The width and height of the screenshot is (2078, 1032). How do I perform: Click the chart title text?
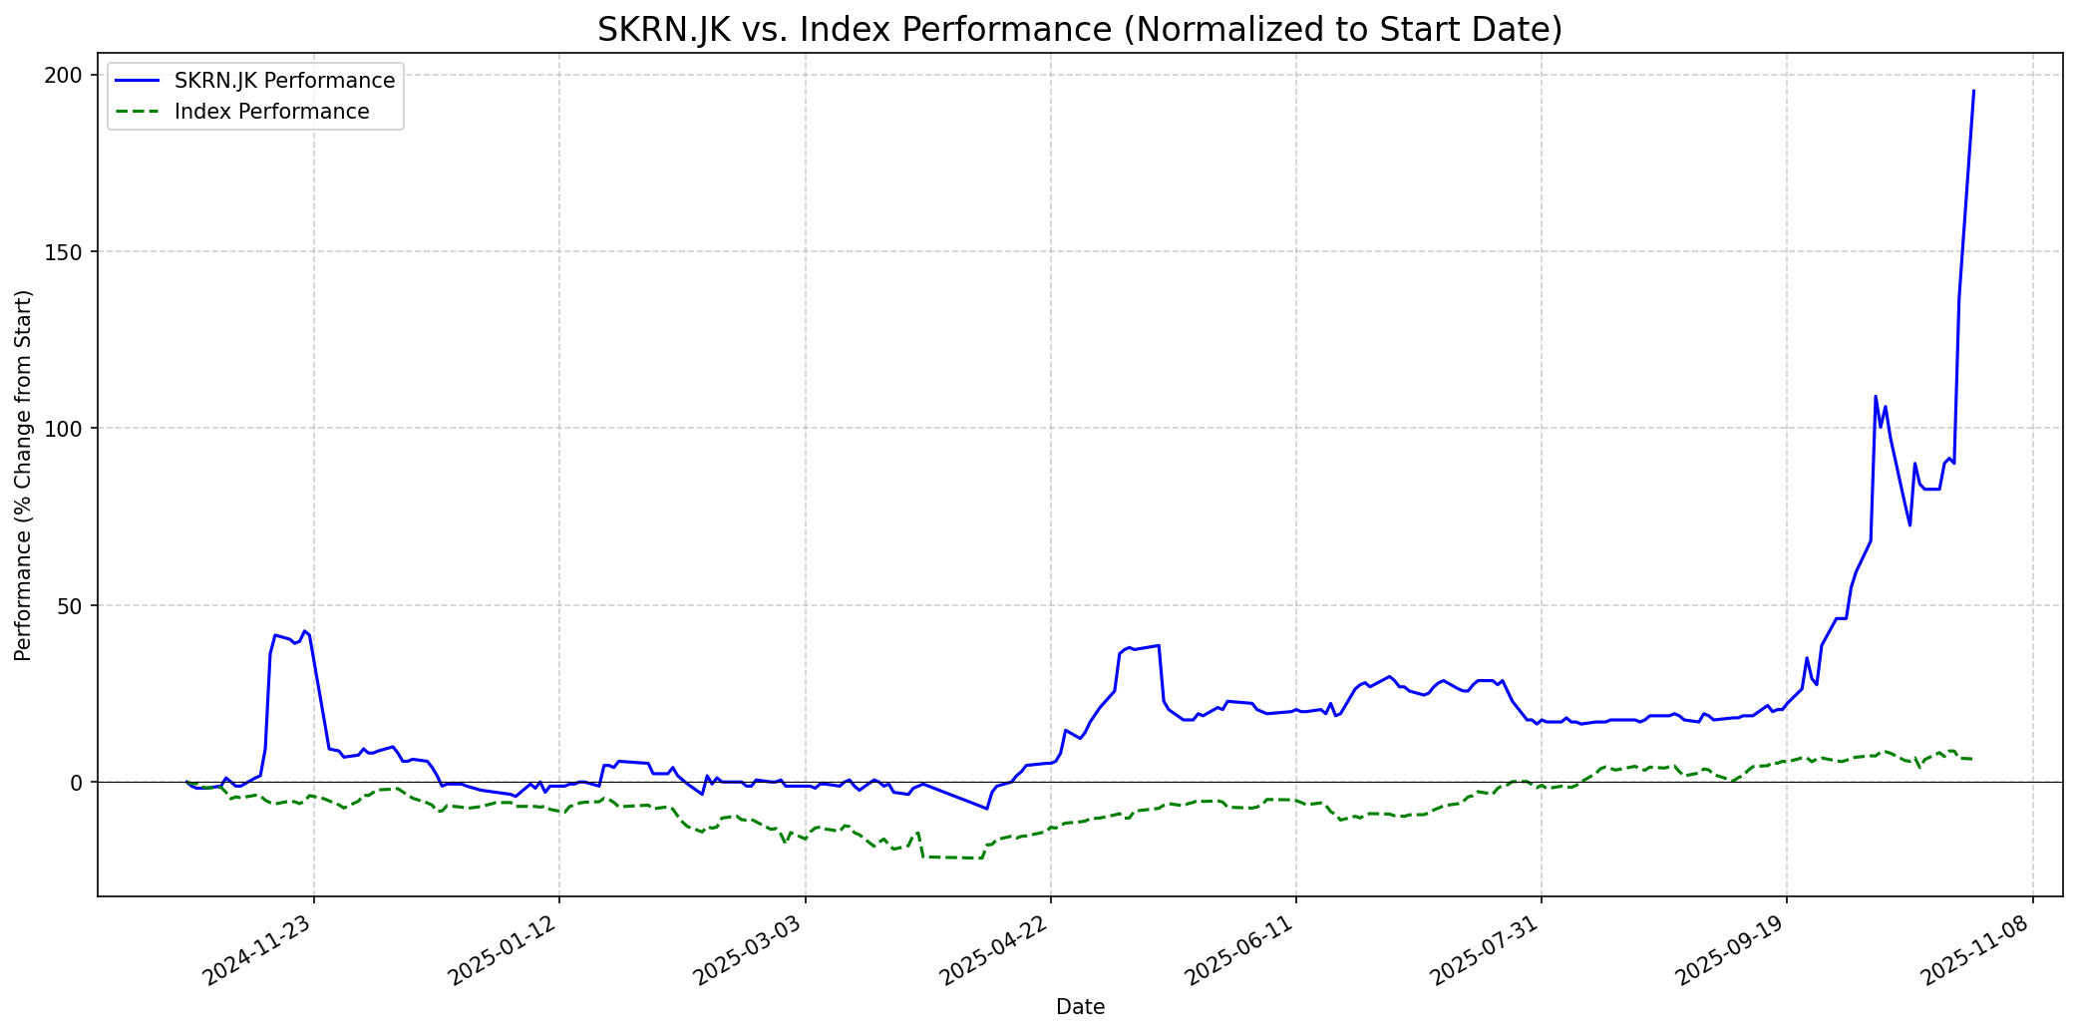(x=1080, y=30)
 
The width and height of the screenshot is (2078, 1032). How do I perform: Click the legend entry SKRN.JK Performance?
(x=284, y=81)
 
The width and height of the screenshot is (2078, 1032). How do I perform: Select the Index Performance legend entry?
(x=271, y=112)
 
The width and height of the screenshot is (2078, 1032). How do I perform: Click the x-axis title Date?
(x=1080, y=1007)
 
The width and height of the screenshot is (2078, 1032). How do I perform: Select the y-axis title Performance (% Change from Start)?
(x=24, y=475)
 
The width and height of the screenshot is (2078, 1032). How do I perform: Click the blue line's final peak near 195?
(x=1973, y=91)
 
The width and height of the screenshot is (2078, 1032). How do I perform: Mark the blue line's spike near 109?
(x=1876, y=397)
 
